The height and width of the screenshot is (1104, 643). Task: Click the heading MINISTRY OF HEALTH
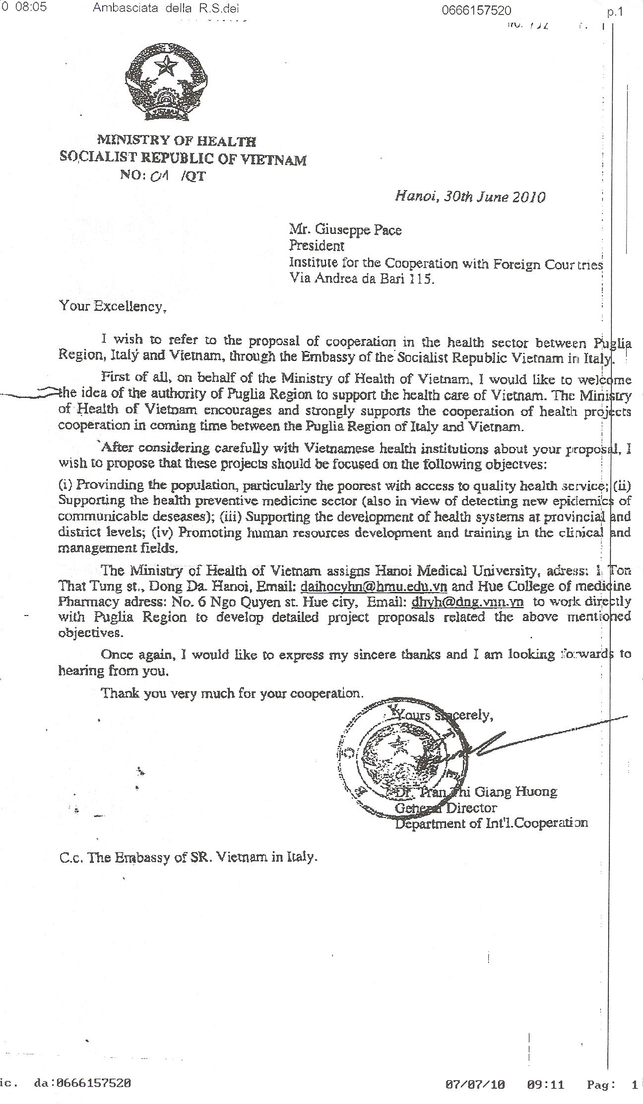click(x=176, y=141)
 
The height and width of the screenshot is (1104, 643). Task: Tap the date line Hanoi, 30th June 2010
click(x=469, y=197)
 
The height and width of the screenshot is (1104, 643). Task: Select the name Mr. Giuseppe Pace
click(x=345, y=230)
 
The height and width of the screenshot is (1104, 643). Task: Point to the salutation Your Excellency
click(x=113, y=306)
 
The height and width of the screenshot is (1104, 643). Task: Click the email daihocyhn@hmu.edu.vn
click(x=374, y=586)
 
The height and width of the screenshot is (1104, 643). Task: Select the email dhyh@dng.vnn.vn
click(x=468, y=602)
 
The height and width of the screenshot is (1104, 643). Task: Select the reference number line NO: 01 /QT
click(x=162, y=176)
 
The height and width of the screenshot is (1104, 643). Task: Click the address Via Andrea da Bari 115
click(x=362, y=279)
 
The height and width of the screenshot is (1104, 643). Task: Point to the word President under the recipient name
click(x=317, y=246)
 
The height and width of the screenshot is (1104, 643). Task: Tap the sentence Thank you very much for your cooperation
click(x=232, y=693)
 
